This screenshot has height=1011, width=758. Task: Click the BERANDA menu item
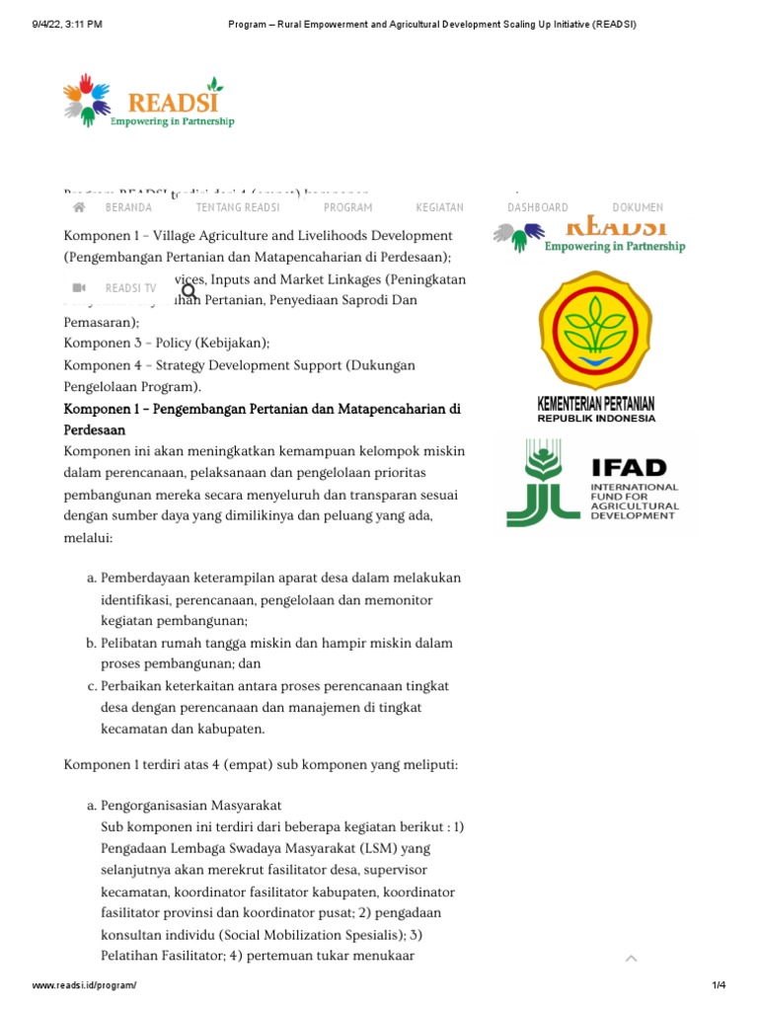point(128,207)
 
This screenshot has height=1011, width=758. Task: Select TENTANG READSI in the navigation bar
point(238,207)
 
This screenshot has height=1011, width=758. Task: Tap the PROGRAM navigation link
point(348,207)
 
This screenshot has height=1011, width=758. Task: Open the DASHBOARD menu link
point(538,207)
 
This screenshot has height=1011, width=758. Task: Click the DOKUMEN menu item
point(638,207)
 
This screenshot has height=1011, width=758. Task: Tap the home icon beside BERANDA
point(80,207)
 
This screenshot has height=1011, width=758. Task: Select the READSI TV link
point(130,288)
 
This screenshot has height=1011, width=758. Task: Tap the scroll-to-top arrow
point(631,958)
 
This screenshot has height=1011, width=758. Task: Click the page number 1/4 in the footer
point(719,986)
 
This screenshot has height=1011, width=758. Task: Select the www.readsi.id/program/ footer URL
point(84,986)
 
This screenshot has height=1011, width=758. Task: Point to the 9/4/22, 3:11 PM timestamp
point(67,24)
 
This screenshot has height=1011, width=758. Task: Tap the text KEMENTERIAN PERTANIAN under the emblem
point(595,404)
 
